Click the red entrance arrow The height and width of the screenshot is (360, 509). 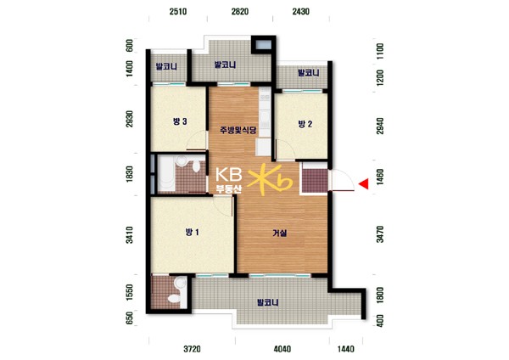pos(365,183)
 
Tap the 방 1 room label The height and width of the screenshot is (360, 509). pos(193,233)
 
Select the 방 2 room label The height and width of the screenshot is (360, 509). pos(305,124)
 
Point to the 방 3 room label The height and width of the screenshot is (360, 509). pos(180,121)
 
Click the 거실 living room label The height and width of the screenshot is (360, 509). pos(279,233)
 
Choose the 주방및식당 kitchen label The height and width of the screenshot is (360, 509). pos(238,130)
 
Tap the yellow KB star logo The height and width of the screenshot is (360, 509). pos(270,179)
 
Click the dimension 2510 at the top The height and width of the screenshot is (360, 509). pos(178,12)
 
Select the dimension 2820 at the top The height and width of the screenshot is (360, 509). pos(240,12)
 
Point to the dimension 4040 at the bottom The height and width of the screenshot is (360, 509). pos(282,349)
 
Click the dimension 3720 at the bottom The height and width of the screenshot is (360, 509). pos(192,349)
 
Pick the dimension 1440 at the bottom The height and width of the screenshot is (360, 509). pos(346,349)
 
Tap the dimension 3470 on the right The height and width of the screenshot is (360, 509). pos(380,234)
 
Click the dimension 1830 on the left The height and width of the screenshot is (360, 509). pos(129,174)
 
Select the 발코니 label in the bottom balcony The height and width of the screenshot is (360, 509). pos(267,303)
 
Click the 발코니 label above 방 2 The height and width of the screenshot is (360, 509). pos(309,73)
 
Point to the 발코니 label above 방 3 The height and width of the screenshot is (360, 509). pos(166,67)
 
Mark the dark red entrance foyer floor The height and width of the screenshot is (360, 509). pos(315,181)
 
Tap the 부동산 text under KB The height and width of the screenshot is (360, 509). pos(229,189)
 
